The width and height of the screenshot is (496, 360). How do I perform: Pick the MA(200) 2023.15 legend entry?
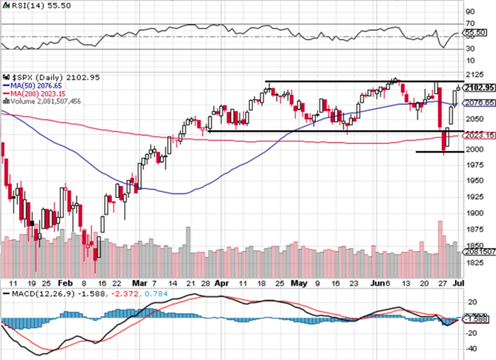[x=35, y=93]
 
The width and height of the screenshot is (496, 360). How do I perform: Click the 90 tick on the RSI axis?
[x=469, y=12]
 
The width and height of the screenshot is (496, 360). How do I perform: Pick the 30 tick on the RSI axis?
[x=469, y=49]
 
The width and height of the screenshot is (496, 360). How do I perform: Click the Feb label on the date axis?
[x=65, y=281]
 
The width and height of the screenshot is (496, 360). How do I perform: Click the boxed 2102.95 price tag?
[x=476, y=88]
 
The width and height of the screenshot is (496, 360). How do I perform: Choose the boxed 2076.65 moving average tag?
[x=476, y=103]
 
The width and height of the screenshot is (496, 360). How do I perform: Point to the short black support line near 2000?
[x=439, y=152]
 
